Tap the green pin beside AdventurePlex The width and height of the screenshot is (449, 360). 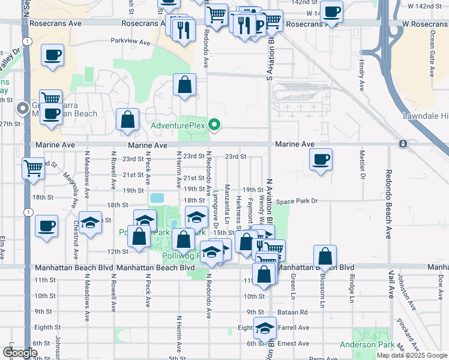tap(213, 125)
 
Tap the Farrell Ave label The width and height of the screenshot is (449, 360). tap(294, 328)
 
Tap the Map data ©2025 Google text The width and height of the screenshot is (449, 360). tap(412, 355)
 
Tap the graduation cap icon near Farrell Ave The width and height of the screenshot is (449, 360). tap(265, 328)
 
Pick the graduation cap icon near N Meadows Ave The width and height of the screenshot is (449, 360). tap(90, 223)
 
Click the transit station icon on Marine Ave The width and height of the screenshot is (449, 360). tap(402, 144)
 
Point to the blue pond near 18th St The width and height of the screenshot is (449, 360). tap(157, 197)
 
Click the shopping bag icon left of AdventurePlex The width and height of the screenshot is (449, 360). tap(128, 119)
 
